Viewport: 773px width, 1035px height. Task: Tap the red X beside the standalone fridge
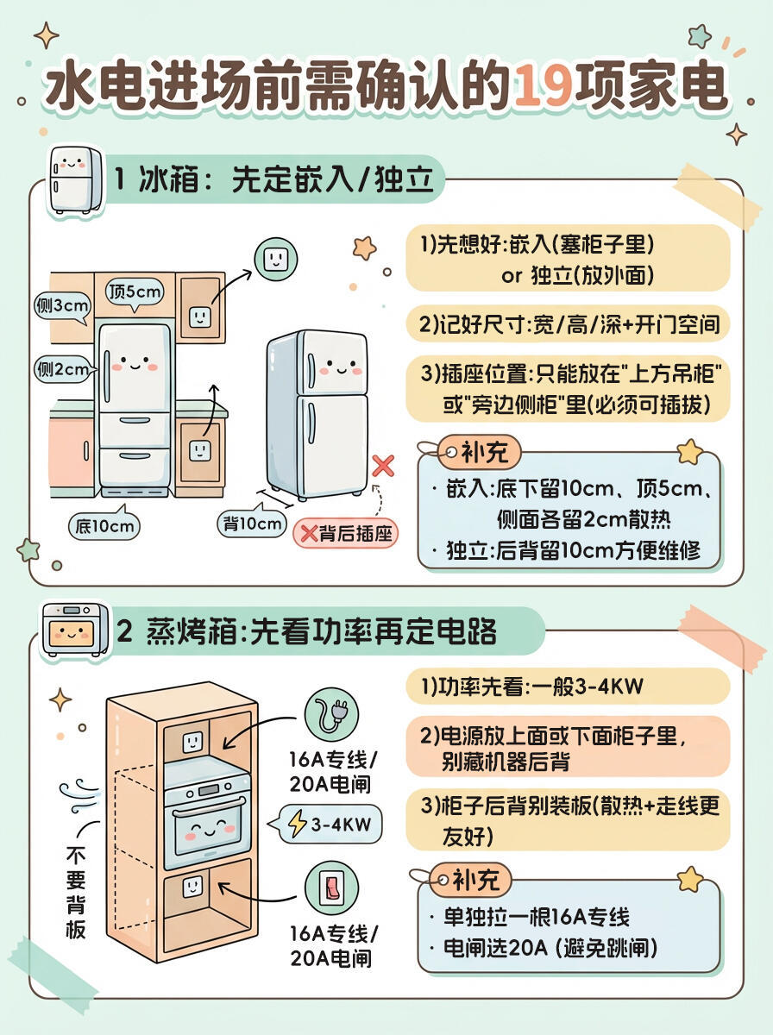[x=383, y=467]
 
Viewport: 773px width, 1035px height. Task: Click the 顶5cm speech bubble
[x=135, y=291]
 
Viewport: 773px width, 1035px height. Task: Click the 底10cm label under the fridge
[x=104, y=524]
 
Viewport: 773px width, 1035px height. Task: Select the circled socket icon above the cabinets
[x=274, y=259]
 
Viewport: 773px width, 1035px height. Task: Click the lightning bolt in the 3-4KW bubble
[x=297, y=825]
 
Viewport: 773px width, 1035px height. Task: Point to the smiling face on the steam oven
[x=206, y=831]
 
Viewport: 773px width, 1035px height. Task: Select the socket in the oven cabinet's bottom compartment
[x=192, y=887]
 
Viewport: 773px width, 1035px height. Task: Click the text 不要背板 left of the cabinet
[x=76, y=893]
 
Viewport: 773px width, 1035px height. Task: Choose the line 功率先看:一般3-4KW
[x=531, y=687]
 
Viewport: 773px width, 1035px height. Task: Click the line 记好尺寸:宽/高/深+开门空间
[x=569, y=325]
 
